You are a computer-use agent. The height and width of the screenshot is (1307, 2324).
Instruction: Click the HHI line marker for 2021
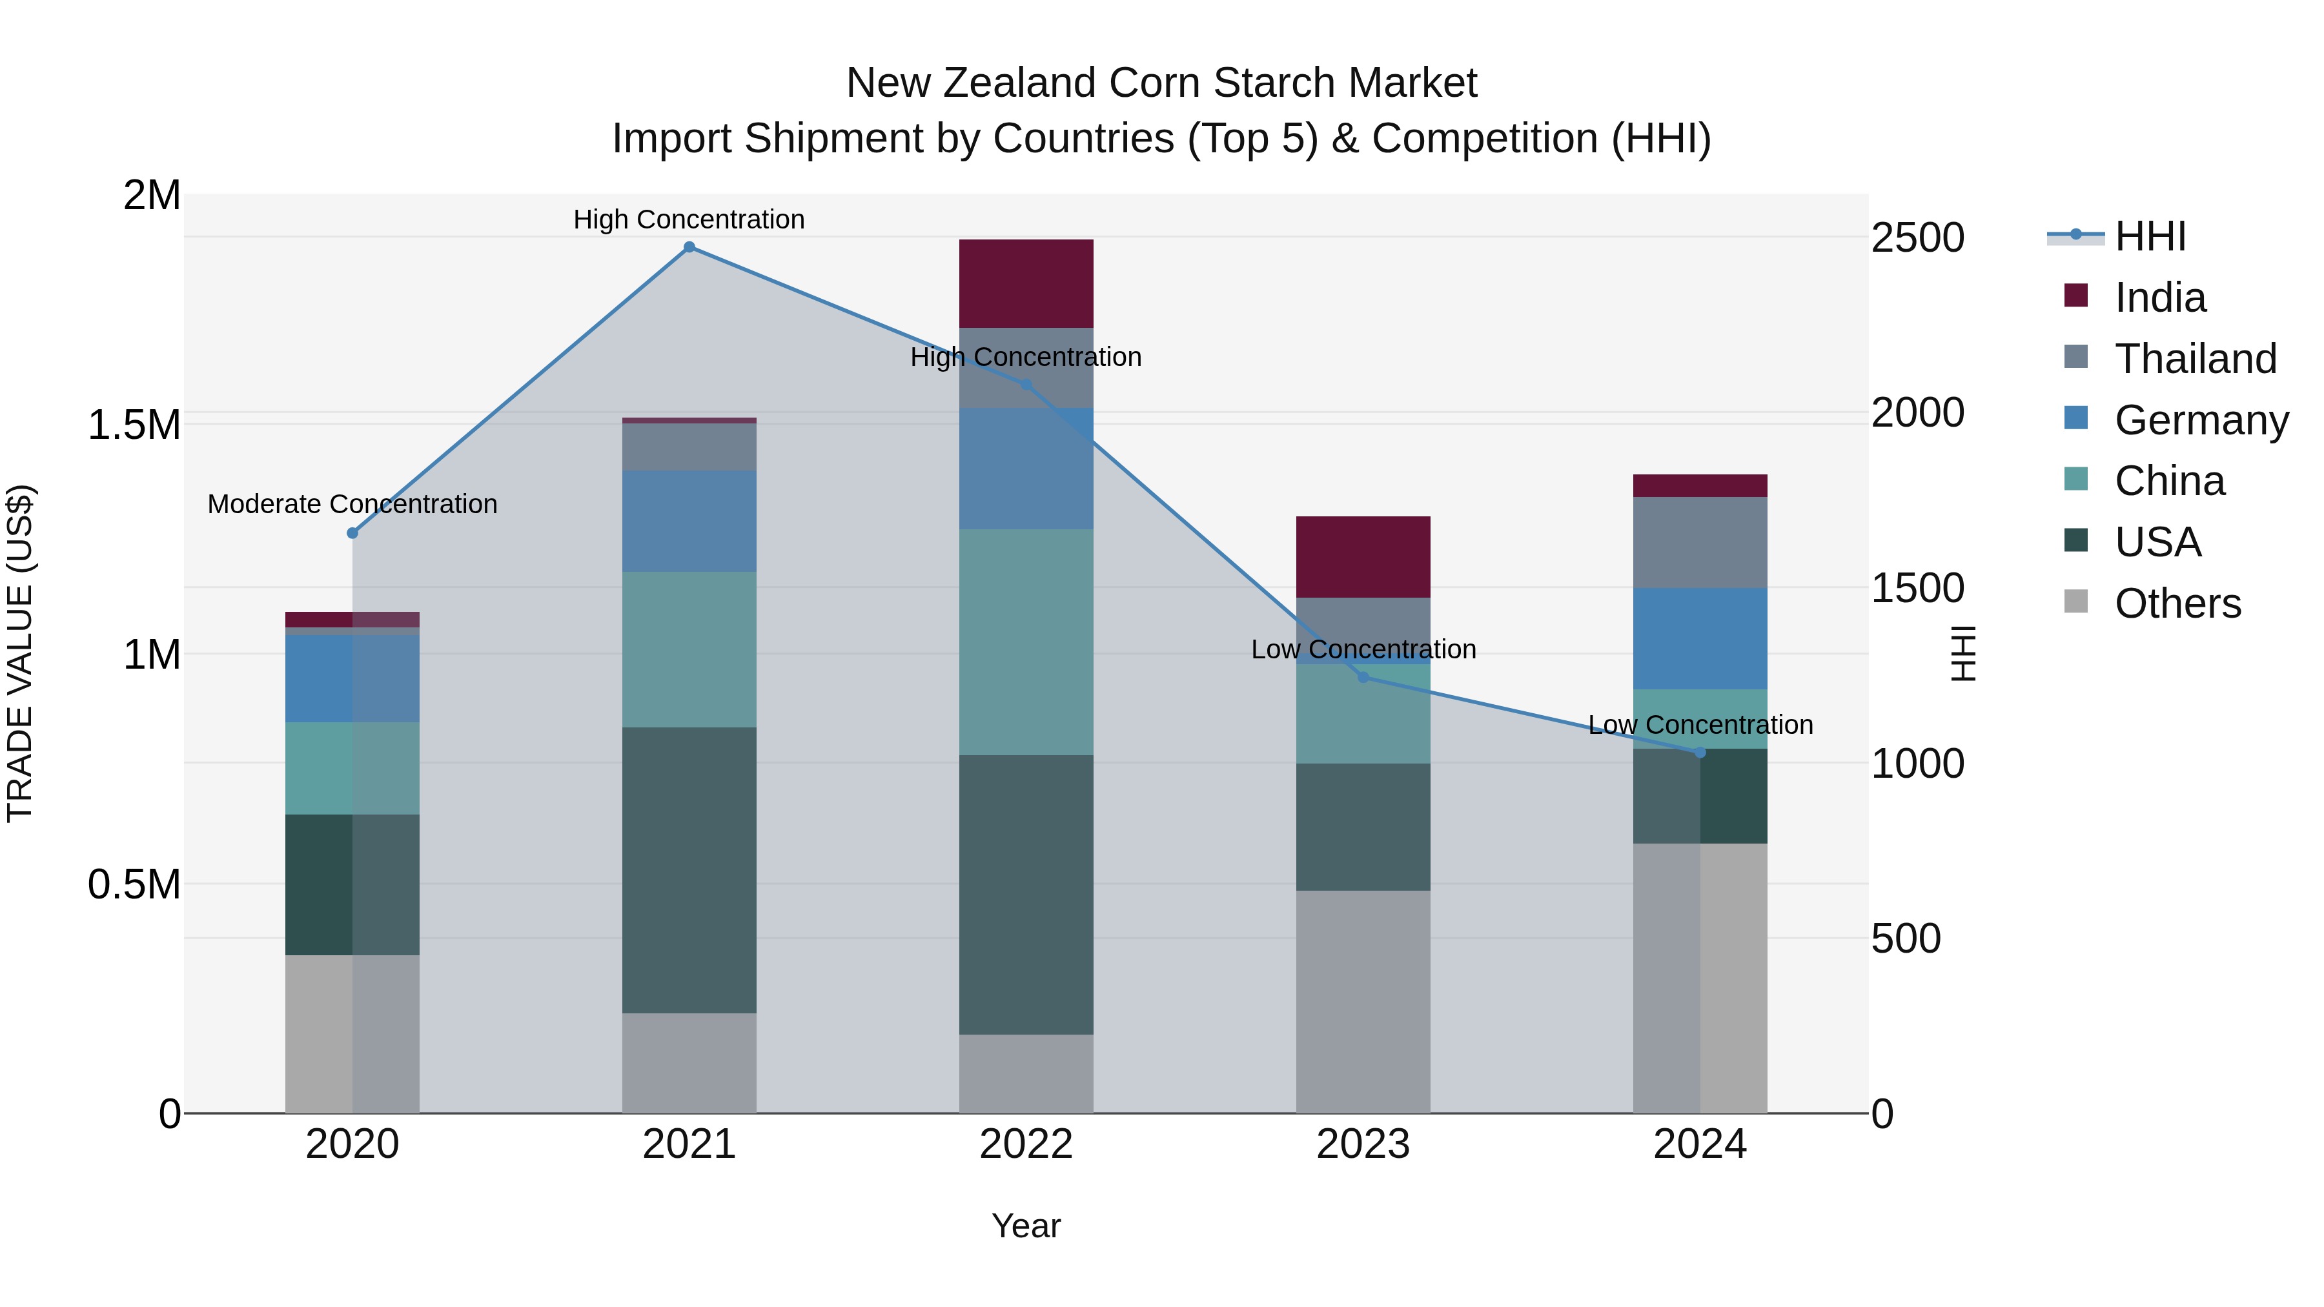coord(689,247)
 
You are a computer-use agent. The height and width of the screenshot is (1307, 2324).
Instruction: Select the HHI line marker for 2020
coord(352,533)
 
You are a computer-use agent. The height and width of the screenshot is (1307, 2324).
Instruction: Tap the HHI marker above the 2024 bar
coord(1700,753)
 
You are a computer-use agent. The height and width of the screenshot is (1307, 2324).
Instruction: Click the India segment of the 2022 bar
coord(1026,283)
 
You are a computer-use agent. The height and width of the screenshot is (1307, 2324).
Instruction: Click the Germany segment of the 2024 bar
coord(1700,638)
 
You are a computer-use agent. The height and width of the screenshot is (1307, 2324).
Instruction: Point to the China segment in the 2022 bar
coord(1026,642)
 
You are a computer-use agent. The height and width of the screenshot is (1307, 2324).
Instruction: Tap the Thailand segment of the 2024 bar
coord(1700,542)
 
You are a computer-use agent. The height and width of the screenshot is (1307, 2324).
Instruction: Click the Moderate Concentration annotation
coord(352,504)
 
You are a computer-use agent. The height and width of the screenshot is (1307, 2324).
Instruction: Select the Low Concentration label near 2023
coord(1363,649)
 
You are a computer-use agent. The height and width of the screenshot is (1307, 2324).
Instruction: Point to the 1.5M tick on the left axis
coord(134,425)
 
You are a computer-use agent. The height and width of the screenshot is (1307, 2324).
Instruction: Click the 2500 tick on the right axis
coord(1917,238)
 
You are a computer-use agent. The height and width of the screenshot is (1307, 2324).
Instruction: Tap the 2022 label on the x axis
coord(1026,1144)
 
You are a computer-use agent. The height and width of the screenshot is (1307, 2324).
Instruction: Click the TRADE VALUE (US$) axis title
coord(21,653)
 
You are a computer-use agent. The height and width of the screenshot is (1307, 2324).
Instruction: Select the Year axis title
coord(1026,1226)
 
